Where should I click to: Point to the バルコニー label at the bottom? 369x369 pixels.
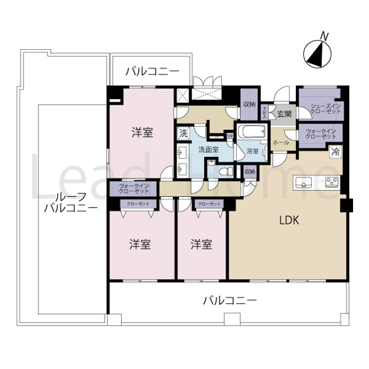[x=229, y=301]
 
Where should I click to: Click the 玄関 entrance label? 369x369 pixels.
[x=284, y=114]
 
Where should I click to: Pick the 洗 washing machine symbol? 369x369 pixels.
[x=184, y=133]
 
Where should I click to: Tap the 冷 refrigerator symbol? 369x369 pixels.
[x=336, y=152]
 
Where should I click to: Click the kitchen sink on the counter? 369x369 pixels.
[x=307, y=182]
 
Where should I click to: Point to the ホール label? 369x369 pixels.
[x=280, y=142]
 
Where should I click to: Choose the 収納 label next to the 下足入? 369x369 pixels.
[x=249, y=104]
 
